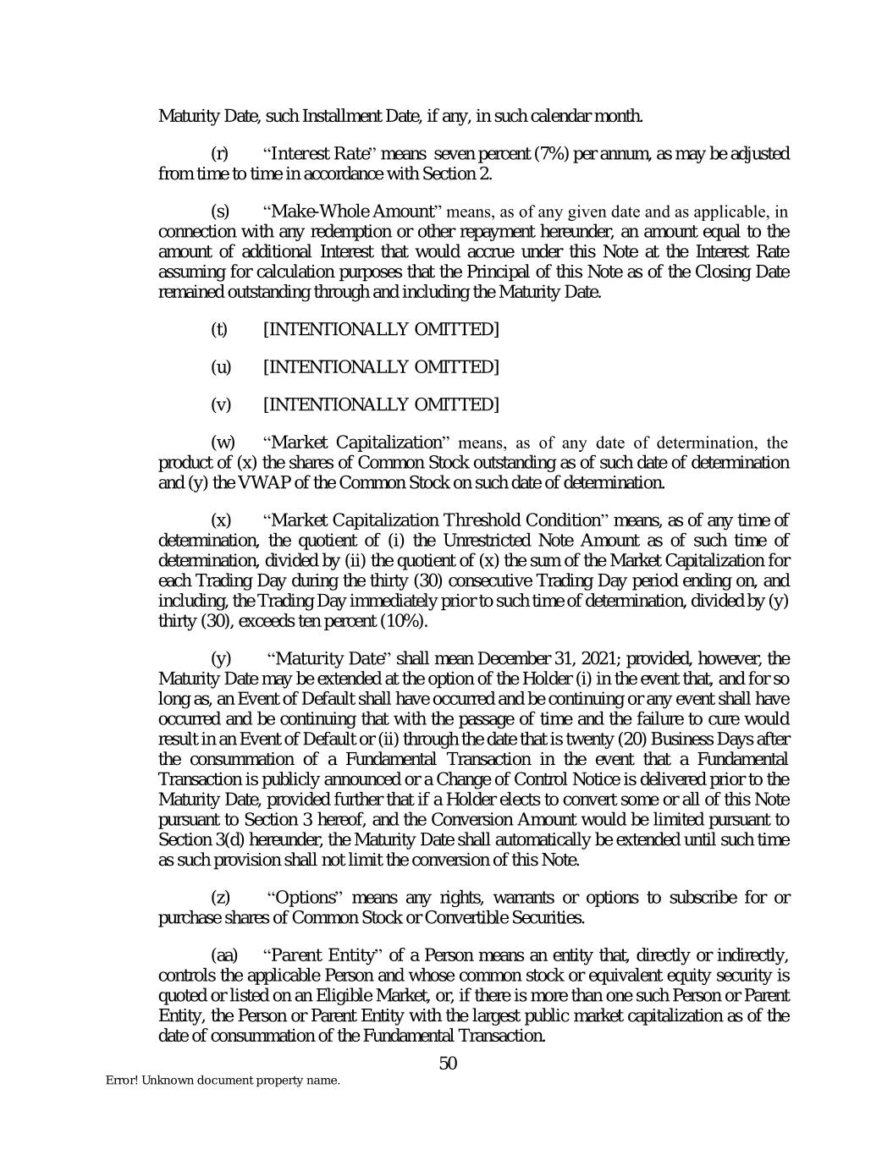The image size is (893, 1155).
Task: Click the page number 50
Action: pyautogui.click(x=448, y=1063)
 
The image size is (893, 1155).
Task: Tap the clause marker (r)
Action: pyautogui.click(x=219, y=154)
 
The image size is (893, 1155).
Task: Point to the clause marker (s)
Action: pyautogui.click(x=219, y=211)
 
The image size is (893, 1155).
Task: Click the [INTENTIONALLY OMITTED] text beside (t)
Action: pyautogui.click(x=381, y=329)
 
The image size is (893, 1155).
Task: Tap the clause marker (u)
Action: pyautogui.click(x=220, y=367)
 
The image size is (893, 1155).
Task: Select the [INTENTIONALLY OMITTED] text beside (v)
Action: pyautogui.click(x=381, y=405)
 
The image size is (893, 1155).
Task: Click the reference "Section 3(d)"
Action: pyautogui.click(x=200, y=840)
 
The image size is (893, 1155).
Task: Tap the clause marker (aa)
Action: pyautogui.click(x=224, y=955)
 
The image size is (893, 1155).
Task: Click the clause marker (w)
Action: pyautogui.click(x=223, y=443)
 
